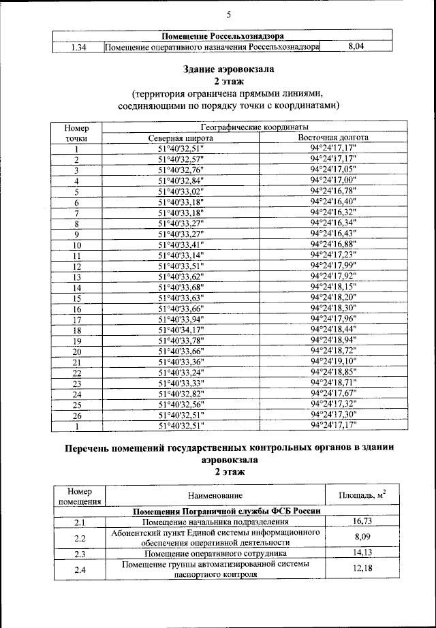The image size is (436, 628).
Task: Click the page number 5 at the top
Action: (229, 15)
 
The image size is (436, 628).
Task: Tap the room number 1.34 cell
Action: (77, 47)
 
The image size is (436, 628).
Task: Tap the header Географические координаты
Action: (254, 127)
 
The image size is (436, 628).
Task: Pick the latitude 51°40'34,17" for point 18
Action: (181, 330)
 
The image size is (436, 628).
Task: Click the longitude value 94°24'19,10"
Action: (333, 361)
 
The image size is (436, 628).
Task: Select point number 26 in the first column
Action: (77, 415)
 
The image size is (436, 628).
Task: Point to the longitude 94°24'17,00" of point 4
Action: (333, 180)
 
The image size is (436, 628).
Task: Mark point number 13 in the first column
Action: (77, 277)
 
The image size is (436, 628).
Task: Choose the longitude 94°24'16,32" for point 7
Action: (333, 213)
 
